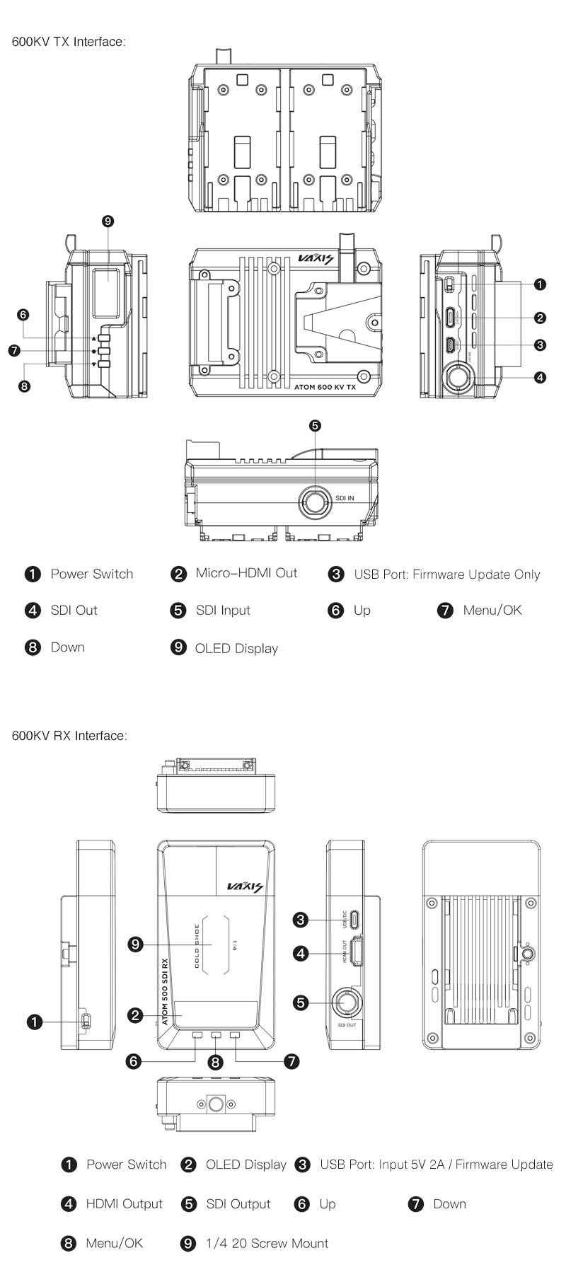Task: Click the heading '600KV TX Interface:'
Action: coord(69,42)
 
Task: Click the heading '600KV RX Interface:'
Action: coord(69,736)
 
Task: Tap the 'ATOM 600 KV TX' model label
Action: coord(325,388)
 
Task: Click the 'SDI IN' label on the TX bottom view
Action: coord(345,498)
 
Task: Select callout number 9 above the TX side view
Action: coord(108,221)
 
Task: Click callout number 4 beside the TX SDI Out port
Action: coord(540,377)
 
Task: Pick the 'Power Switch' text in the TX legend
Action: coord(91,574)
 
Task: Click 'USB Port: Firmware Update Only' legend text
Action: coord(446,574)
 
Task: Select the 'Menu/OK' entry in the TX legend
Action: coord(492,611)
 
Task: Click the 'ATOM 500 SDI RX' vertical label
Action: coord(165,991)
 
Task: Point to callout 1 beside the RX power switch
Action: coord(34,1022)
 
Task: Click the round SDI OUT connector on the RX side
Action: coord(347,1002)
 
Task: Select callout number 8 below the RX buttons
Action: coord(216,1062)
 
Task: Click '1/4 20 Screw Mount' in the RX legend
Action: coord(267,1243)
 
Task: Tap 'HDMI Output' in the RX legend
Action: coord(124,1203)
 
